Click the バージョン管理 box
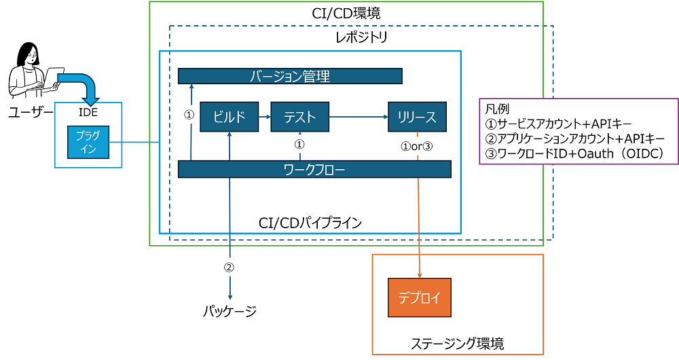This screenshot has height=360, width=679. coord(290,76)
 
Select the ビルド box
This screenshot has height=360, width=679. coord(229,117)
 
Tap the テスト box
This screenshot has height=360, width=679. coord(299,117)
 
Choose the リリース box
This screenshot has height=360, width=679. coord(417,117)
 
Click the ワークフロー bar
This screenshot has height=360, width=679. coord(314,169)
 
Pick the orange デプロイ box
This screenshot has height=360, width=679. coord(419,298)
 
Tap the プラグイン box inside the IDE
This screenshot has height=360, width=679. coord(88,142)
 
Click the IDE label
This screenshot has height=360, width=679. coord(88,112)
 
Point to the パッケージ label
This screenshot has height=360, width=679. coord(230,311)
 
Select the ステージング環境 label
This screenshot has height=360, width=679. coord(457,344)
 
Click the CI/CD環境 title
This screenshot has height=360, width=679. coord(346,13)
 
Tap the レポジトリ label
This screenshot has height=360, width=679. coord(362,37)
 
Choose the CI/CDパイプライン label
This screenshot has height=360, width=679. coord(310,223)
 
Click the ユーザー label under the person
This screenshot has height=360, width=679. coord(31,113)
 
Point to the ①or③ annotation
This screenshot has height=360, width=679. coord(417,147)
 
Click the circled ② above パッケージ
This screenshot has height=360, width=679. coord(229,268)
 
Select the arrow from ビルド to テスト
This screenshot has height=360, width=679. coord(265,117)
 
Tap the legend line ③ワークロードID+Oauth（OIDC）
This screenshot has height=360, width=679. coord(574,154)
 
